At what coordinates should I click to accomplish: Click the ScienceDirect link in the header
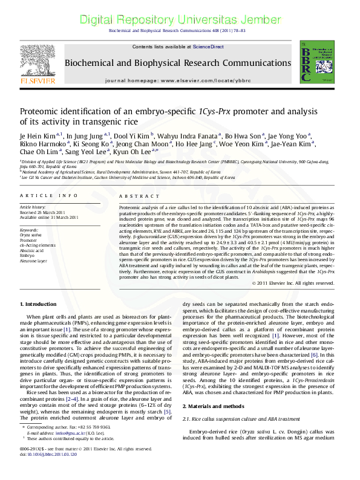pos(208,47)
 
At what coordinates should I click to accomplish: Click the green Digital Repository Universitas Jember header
pos(180,19)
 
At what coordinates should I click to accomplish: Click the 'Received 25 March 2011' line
pos(42,213)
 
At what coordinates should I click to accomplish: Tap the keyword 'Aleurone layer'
pos(34,261)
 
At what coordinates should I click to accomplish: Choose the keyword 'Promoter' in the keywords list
pos(30,240)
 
